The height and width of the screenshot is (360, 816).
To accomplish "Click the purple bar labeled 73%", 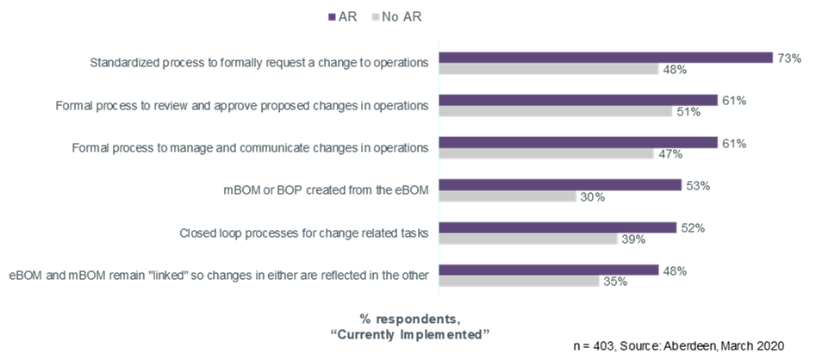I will (606, 58).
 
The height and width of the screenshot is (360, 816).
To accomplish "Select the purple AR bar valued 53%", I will (560, 185).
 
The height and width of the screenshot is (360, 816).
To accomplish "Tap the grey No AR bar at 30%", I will (508, 197).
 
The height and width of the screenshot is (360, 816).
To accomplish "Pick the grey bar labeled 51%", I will (556, 112).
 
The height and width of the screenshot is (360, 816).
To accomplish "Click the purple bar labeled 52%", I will (557, 227).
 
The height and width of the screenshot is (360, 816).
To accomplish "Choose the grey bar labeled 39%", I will (528, 239).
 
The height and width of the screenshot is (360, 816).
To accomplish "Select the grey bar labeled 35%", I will (519, 282).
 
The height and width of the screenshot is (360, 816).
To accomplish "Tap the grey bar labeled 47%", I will (546, 154).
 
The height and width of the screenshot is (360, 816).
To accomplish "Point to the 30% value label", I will (592, 197).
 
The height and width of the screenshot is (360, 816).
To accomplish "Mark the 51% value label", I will (688, 112).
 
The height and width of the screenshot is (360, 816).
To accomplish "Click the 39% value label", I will (633, 239).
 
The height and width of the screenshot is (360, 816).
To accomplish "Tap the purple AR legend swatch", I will (330, 16).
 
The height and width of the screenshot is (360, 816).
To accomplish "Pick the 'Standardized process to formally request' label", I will (259, 63).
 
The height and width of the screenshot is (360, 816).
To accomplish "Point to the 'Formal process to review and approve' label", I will (242, 106).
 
